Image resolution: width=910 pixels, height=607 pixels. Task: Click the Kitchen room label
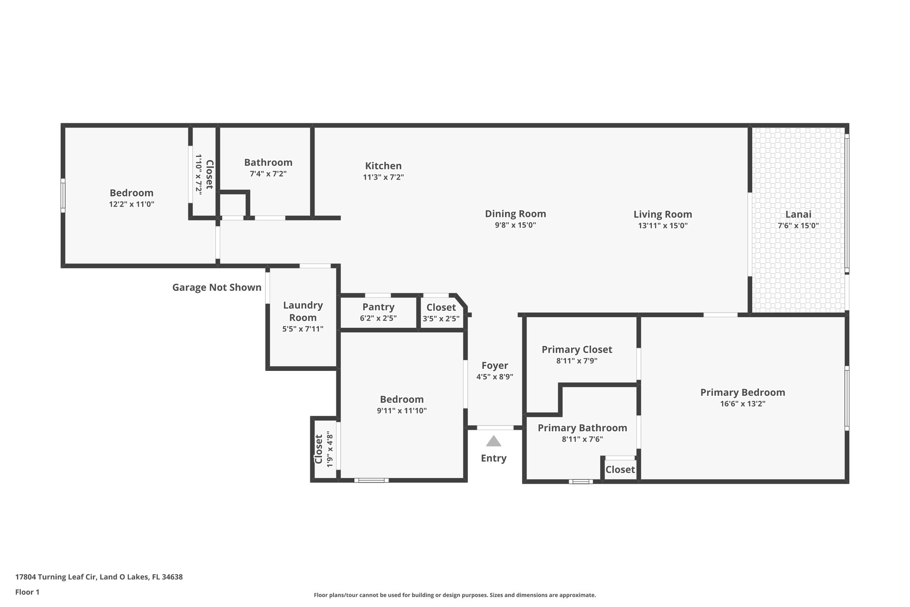(x=383, y=166)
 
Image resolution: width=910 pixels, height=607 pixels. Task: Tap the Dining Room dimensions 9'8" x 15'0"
(x=515, y=225)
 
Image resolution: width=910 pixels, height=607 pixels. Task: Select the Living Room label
(x=663, y=214)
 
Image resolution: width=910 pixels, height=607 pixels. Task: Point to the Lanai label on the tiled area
(x=798, y=214)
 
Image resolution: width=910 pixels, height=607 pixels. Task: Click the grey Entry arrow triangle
(x=493, y=442)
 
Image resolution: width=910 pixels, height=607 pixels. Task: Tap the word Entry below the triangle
(x=493, y=458)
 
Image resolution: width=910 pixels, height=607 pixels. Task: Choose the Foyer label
(x=495, y=366)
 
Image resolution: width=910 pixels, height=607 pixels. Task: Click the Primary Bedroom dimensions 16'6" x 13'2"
(x=742, y=404)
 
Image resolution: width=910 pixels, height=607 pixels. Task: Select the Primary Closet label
(x=577, y=350)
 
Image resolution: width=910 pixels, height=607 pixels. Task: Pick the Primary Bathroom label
(x=582, y=428)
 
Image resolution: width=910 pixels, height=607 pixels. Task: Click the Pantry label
(x=378, y=307)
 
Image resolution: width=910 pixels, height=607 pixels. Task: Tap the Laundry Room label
(x=303, y=311)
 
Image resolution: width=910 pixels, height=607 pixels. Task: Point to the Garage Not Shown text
(x=217, y=288)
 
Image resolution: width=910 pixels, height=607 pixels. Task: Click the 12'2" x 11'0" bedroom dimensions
(x=132, y=205)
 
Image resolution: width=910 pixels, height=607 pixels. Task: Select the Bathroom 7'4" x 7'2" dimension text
(x=268, y=174)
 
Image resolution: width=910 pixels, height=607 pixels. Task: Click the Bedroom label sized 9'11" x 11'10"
(x=402, y=399)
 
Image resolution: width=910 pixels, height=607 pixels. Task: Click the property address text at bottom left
(x=99, y=577)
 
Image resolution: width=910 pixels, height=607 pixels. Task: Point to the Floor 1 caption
(x=27, y=592)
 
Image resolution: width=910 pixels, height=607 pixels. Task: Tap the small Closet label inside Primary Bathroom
(x=620, y=470)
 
